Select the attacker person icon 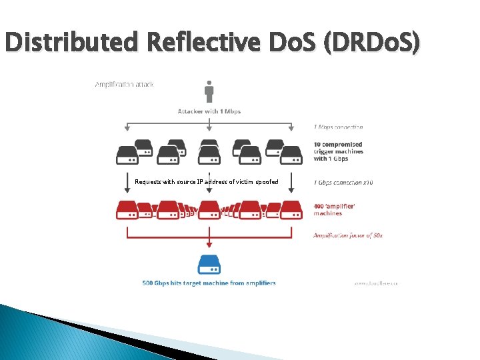point(209,91)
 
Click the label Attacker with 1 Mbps point(209,111)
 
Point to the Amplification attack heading point(124,85)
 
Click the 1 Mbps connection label point(338,127)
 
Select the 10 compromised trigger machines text point(339,151)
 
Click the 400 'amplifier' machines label point(334,209)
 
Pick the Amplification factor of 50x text point(348,235)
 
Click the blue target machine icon point(209,265)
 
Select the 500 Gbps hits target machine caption point(209,283)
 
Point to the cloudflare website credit point(375,283)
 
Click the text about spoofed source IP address point(206,181)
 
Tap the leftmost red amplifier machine point(127,210)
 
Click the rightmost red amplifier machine point(291,210)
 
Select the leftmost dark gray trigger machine point(127,155)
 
